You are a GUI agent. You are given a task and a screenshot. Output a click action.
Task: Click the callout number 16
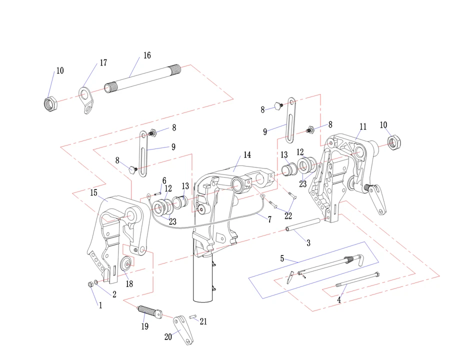point(146,55)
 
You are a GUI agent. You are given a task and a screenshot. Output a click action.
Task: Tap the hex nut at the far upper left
point(50,103)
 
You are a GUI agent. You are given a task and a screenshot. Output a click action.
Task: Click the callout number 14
point(247,154)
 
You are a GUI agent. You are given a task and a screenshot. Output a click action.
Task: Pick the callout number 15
point(93,192)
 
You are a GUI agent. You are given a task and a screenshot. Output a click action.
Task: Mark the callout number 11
point(363,126)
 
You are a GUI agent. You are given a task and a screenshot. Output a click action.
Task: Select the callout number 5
point(282,258)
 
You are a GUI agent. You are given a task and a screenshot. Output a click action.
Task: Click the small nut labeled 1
point(89,284)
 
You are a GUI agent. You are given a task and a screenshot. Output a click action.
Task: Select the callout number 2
point(114,294)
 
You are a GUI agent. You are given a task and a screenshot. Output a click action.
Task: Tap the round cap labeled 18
point(126,263)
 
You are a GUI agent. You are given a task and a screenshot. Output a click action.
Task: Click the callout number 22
point(288,215)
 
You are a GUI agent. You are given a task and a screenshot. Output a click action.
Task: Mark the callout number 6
point(164,180)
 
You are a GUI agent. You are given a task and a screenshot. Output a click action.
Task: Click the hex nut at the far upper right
point(393,143)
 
